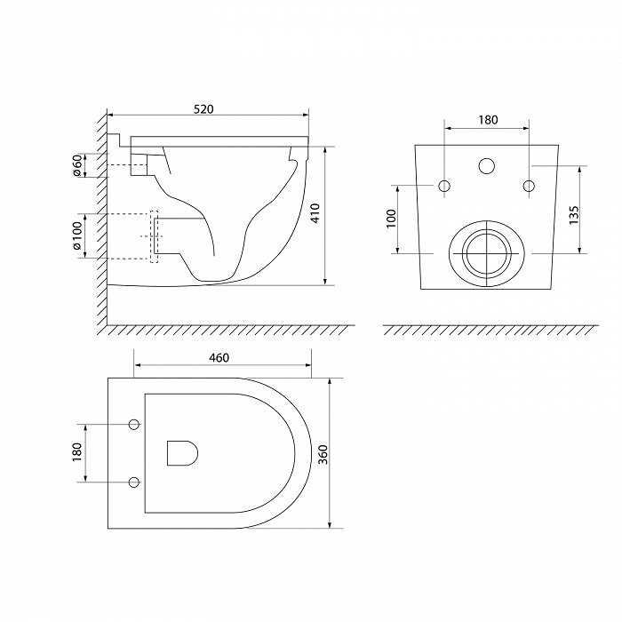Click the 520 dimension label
click(203, 109)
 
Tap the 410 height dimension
click(315, 213)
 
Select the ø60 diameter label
click(77, 165)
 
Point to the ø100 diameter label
click(77, 235)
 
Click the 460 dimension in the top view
click(219, 358)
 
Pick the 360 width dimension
click(323, 455)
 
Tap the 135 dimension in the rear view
click(574, 215)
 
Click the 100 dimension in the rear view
click(392, 219)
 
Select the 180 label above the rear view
click(488, 120)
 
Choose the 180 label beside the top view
click(77, 451)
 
